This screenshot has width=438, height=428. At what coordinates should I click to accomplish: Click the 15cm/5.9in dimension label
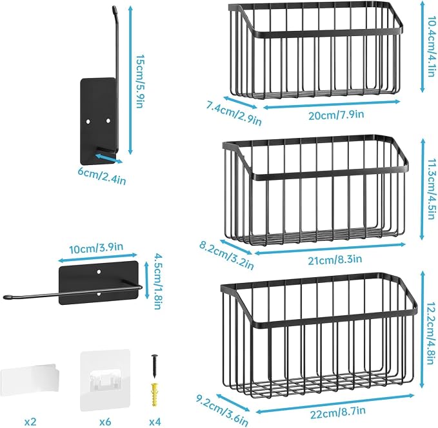point(139,81)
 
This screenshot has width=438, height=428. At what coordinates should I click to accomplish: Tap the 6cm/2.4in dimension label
point(102,176)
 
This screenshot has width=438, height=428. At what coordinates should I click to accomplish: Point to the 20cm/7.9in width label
point(336,115)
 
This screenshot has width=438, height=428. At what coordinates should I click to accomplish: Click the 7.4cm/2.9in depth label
point(234,113)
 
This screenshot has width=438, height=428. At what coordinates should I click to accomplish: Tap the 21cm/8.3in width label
point(335,260)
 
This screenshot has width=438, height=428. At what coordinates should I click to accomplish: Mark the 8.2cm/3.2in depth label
point(226,255)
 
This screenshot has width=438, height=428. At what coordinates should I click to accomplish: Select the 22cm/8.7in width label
point(338,413)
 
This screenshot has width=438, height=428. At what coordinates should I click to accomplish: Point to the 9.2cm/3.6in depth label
point(221,410)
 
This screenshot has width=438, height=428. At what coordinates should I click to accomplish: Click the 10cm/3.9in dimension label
point(96,248)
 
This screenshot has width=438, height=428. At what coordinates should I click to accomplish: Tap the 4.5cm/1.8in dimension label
point(158,281)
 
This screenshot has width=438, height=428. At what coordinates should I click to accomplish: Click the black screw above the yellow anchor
point(154,366)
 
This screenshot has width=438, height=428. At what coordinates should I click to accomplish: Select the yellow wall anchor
point(154,394)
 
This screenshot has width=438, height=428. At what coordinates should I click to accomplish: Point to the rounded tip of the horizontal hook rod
point(8,297)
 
